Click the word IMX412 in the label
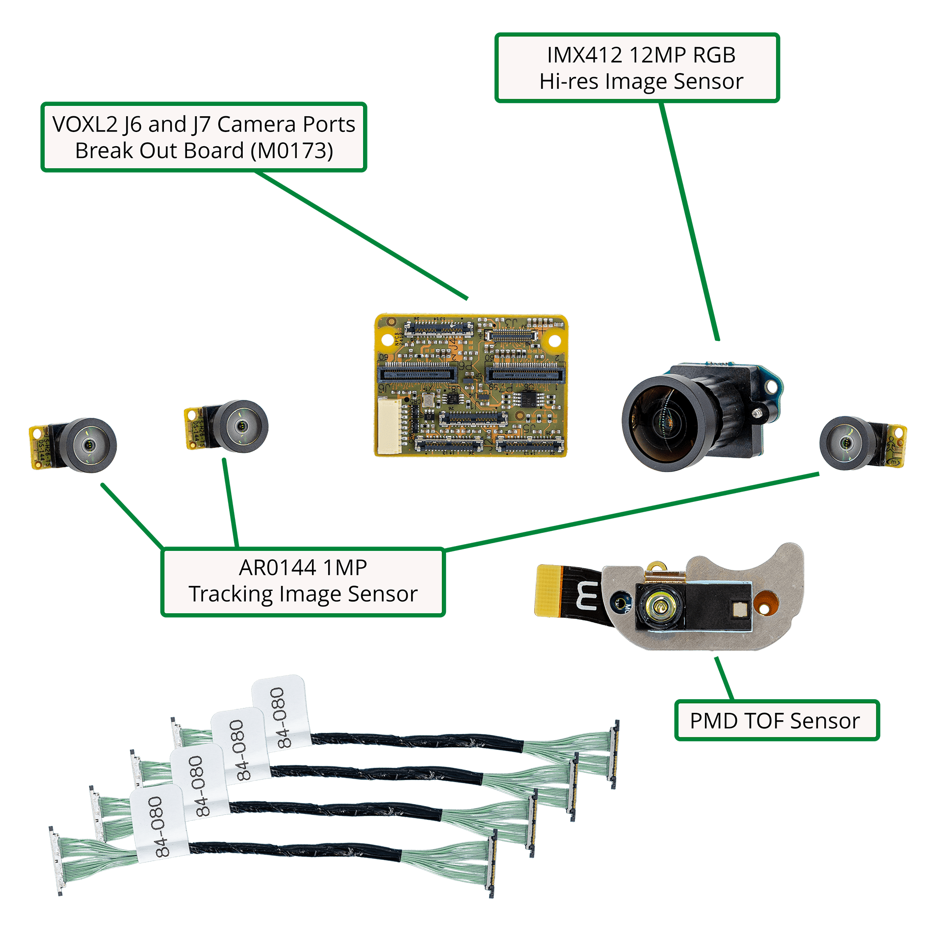click(x=584, y=55)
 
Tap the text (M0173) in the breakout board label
click(x=292, y=151)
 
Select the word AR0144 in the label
click(x=277, y=568)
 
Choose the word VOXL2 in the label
click(x=85, y=125)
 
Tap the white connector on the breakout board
click(x=389, y=425)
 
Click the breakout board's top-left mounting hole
click(x=391, y=322)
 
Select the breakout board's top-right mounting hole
click(x=554, y=340)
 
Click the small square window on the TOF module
click(x=739, y=609)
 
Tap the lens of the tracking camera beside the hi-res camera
click(x=846, y=443)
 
